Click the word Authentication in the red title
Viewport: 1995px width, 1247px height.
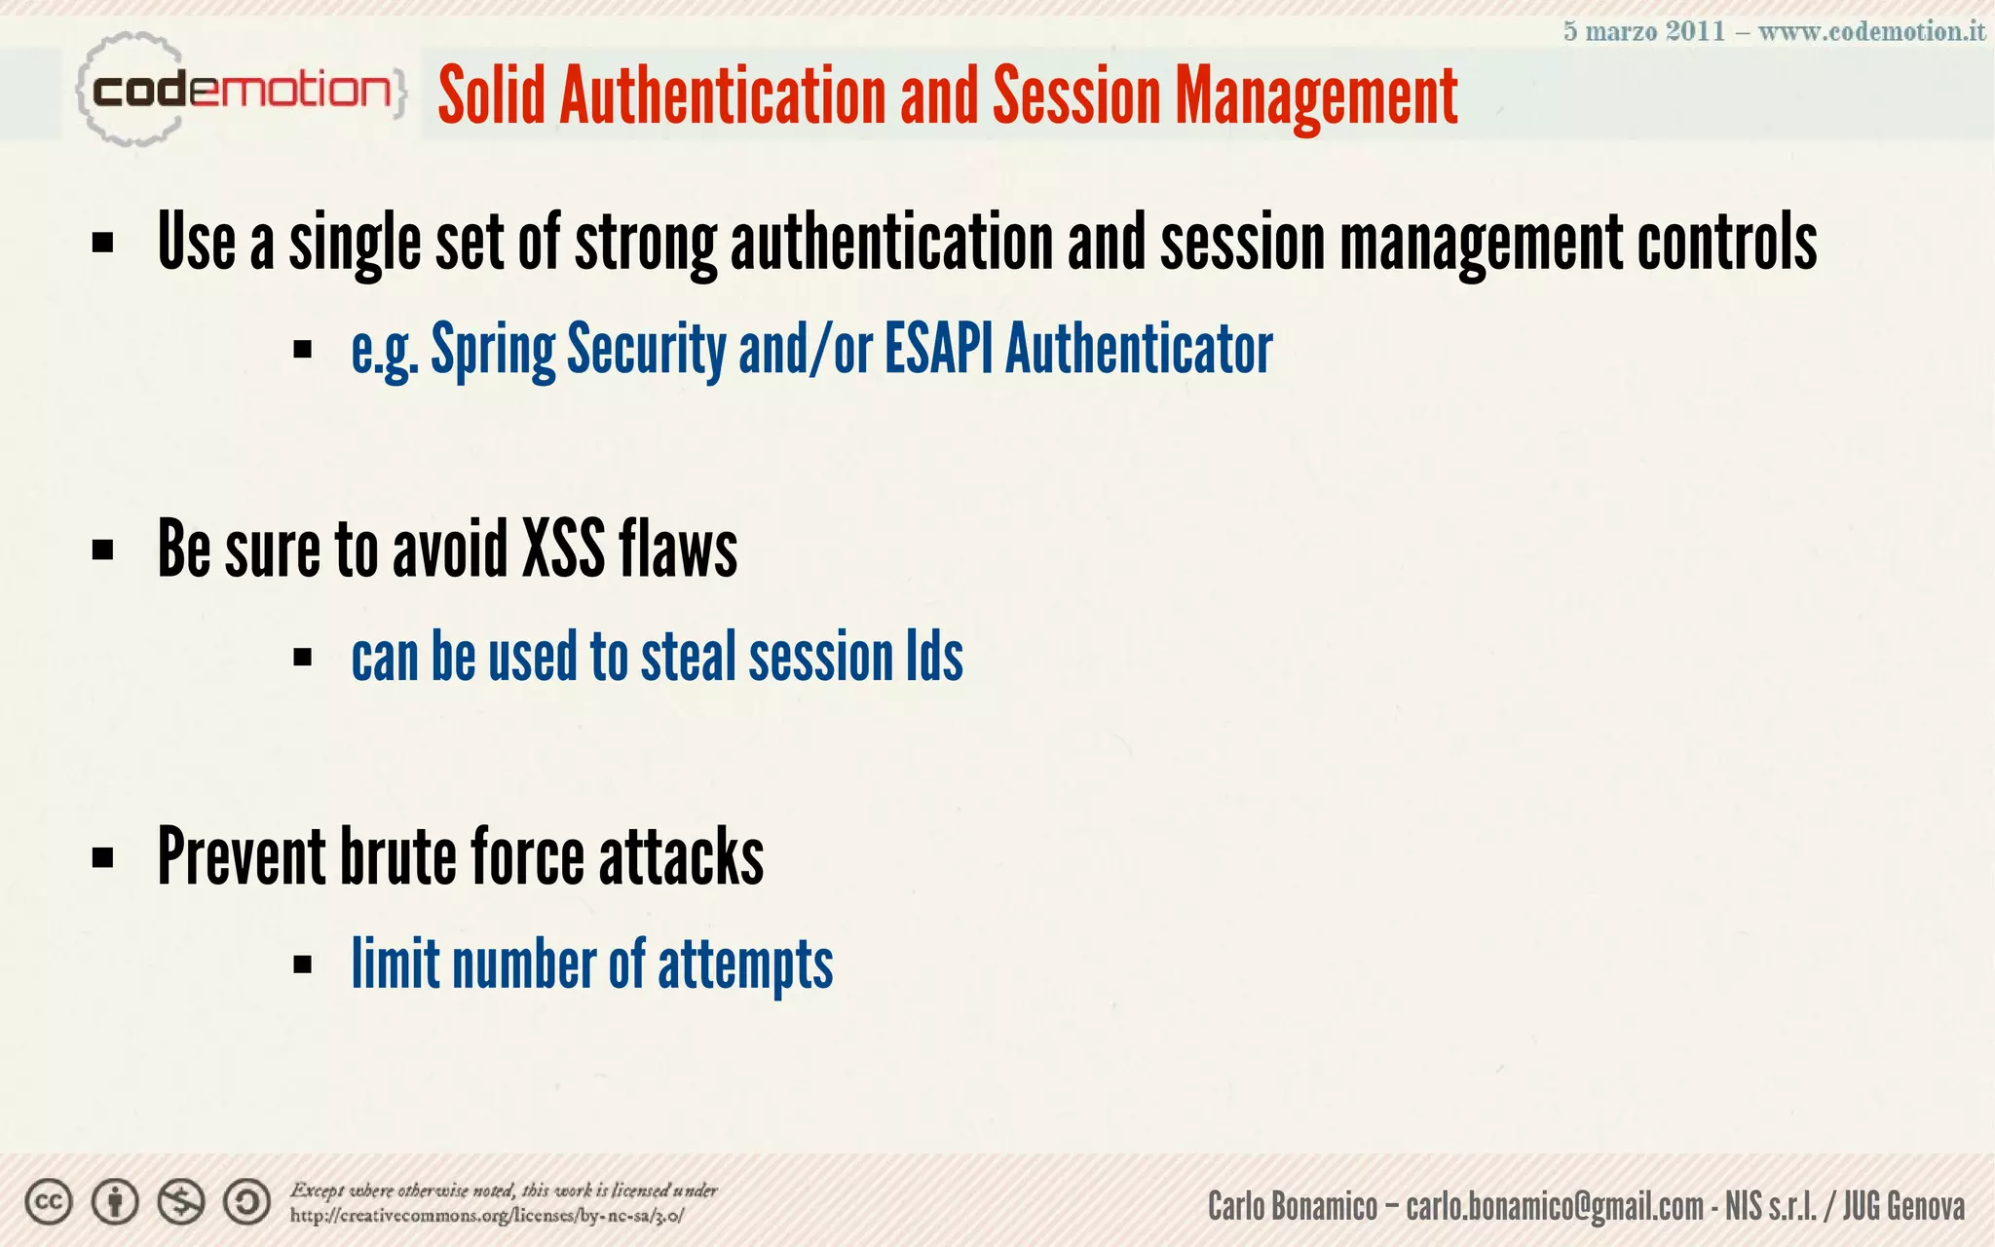pos(723,96)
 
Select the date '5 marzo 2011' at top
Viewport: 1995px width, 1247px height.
pos(1644,31)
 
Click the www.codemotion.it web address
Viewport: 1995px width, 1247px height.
pos(1871,31)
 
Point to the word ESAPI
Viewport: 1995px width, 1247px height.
pos(939,349)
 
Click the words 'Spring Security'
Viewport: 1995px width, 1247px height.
pos(579,349)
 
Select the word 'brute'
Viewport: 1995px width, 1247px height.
pos(397,857)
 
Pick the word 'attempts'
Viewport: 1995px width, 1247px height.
pos(745,964)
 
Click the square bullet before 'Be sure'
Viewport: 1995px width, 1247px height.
pos(102,550)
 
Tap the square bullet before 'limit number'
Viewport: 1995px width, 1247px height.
pos(302,965)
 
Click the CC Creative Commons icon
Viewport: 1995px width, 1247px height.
pos(49,1202)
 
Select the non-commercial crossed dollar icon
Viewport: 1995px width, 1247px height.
pos(181,1202)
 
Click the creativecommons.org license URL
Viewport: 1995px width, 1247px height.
pos(487,1216)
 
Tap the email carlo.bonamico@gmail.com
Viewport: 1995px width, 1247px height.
pos(1555,1206)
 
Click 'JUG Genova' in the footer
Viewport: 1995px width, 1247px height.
pos(1903,1206)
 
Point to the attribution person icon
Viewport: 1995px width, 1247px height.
pos(115,1202)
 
